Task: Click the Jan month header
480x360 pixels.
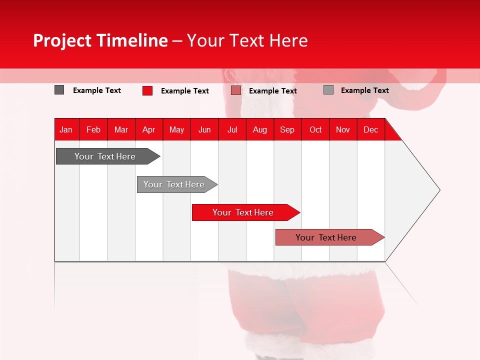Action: [x=66, y=129]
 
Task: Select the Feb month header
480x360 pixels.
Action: [x=93, y=129]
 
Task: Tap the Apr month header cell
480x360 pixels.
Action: [x=149, y=129]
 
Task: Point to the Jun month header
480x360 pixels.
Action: [x=204, y=129]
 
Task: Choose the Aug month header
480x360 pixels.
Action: [x=260, y=129]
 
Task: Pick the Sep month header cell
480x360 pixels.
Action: [x=287, y=129]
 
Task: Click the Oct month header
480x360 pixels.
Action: [x=315, y=129]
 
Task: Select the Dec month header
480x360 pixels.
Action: [x=371, y=129]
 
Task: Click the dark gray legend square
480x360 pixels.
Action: [x=59, y=90]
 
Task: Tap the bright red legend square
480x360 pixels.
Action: [x=147, y=90]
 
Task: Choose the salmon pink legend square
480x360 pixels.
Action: [x=236, y=90]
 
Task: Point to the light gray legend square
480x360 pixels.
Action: [x=328, y=90]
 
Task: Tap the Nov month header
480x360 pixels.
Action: [x=343, y=129]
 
